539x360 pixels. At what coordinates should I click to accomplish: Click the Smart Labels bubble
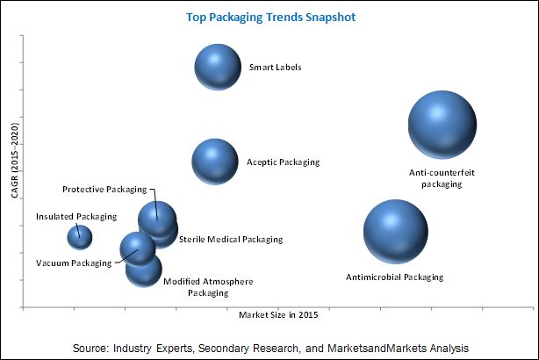(x=218, y=67)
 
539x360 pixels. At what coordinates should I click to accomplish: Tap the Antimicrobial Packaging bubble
(x=395, y=232)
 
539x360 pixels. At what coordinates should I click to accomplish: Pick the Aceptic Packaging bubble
(x=215, y=161)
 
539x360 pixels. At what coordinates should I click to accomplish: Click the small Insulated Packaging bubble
(x=80, y=236)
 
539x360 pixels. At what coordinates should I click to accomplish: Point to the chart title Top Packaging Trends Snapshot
(x=269, y=17)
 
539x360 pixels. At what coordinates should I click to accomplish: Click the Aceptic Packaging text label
(x=283, y=162)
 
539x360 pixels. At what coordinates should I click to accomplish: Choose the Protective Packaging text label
(x=104, y=189)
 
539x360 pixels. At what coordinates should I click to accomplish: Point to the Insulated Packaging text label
(x=75, y=216)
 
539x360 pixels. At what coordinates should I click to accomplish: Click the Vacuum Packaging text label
(x=71, y=263)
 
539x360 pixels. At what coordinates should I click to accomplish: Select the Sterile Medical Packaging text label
(x=231, y=239)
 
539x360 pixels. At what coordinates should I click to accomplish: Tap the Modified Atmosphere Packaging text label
(x=208, y=287)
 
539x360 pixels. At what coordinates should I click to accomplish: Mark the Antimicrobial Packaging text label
(x=394, y=277)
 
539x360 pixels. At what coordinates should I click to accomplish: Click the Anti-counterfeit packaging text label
(x=442, y=178)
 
